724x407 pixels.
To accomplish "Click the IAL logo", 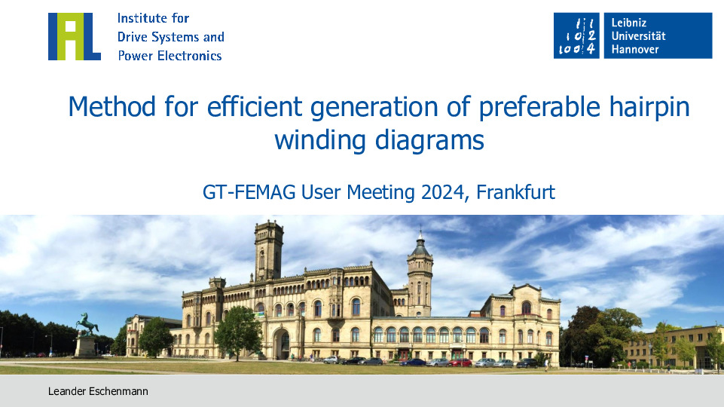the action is [x=75, y=36].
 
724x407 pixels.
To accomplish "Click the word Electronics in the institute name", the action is [x=189, y=56].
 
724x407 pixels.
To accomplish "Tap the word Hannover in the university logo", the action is [x=635, y=49].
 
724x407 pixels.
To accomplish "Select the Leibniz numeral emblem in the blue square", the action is [x=576, y=35].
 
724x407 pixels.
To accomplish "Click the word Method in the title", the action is [x=112, y=106].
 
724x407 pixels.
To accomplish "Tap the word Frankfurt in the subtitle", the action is [x=515, y=192].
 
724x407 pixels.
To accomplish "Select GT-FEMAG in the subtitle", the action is [x=249, y=192].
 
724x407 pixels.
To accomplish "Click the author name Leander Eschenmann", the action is [x=98, y=391].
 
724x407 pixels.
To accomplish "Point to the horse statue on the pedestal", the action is [x=87, y=323].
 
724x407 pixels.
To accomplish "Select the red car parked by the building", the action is [x=460, y=363].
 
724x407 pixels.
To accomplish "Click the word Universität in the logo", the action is [x=639, y=36].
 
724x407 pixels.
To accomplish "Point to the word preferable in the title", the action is [x=539, y=107].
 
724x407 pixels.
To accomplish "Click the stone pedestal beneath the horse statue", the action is [x=85, y=346].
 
